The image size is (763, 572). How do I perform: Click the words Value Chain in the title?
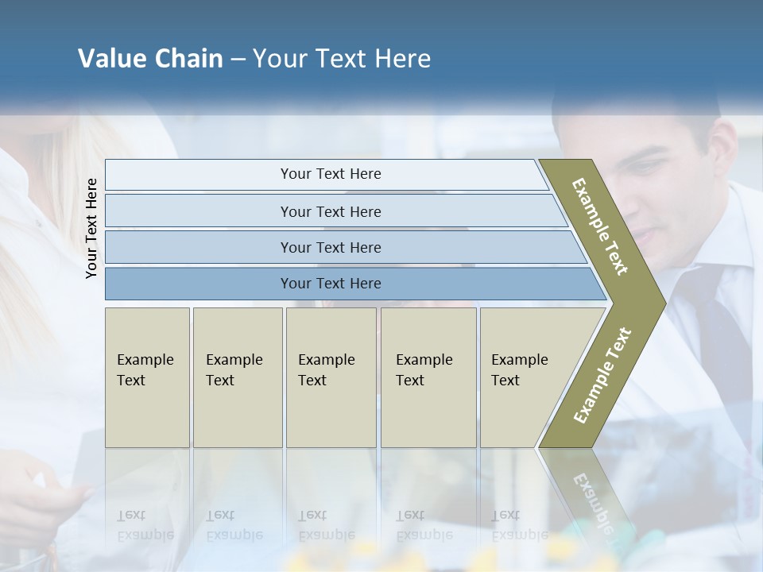(x=150, y=59)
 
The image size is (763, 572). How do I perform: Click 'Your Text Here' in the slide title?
(x=342, y=59)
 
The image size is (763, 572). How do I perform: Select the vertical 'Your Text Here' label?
(x=91, y=228)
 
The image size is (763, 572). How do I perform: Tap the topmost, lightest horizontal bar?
(x=330, y=174)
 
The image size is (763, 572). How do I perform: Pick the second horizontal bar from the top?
(x=330, y=211)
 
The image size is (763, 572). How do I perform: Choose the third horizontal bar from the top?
(x=330, y=247)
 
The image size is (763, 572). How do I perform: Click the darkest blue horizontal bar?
(x=330, y=284)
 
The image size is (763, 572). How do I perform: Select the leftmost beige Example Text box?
(x=147, y=377)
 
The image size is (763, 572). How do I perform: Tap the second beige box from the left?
(x=237, y=377)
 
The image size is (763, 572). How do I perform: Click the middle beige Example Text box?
(x=331, y=377)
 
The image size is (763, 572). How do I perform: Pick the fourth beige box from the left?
(x=428, y=377)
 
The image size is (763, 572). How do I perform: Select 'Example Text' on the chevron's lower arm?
(x=602, y=375)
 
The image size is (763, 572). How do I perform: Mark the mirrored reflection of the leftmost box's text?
(x=145, y=526)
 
